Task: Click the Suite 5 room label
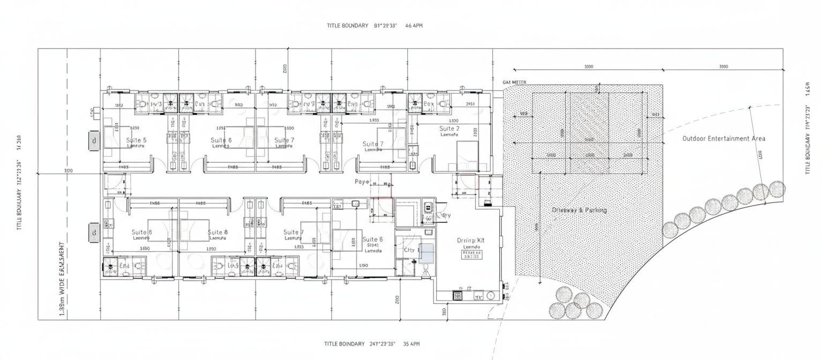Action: tap(136, 140)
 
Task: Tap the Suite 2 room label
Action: tap(449, 129)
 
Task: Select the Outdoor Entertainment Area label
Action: tap(723, 138)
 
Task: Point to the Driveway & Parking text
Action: tap(579, 210)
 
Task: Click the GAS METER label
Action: tap(515, 82)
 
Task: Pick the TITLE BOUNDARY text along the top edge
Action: tap(347, 25)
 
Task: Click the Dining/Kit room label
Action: tap(470, 241)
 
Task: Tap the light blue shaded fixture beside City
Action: tap(427, 252)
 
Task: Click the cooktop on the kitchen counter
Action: tap(458, 295)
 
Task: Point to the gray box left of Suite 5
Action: tap(94, 141)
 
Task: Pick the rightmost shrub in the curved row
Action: tap(777, 189)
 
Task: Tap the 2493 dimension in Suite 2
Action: tap(470, 104)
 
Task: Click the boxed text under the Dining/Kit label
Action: tap(470, 254)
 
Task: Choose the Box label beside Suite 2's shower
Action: tap(429, 103)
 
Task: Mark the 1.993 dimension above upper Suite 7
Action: tap(375, 121)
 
